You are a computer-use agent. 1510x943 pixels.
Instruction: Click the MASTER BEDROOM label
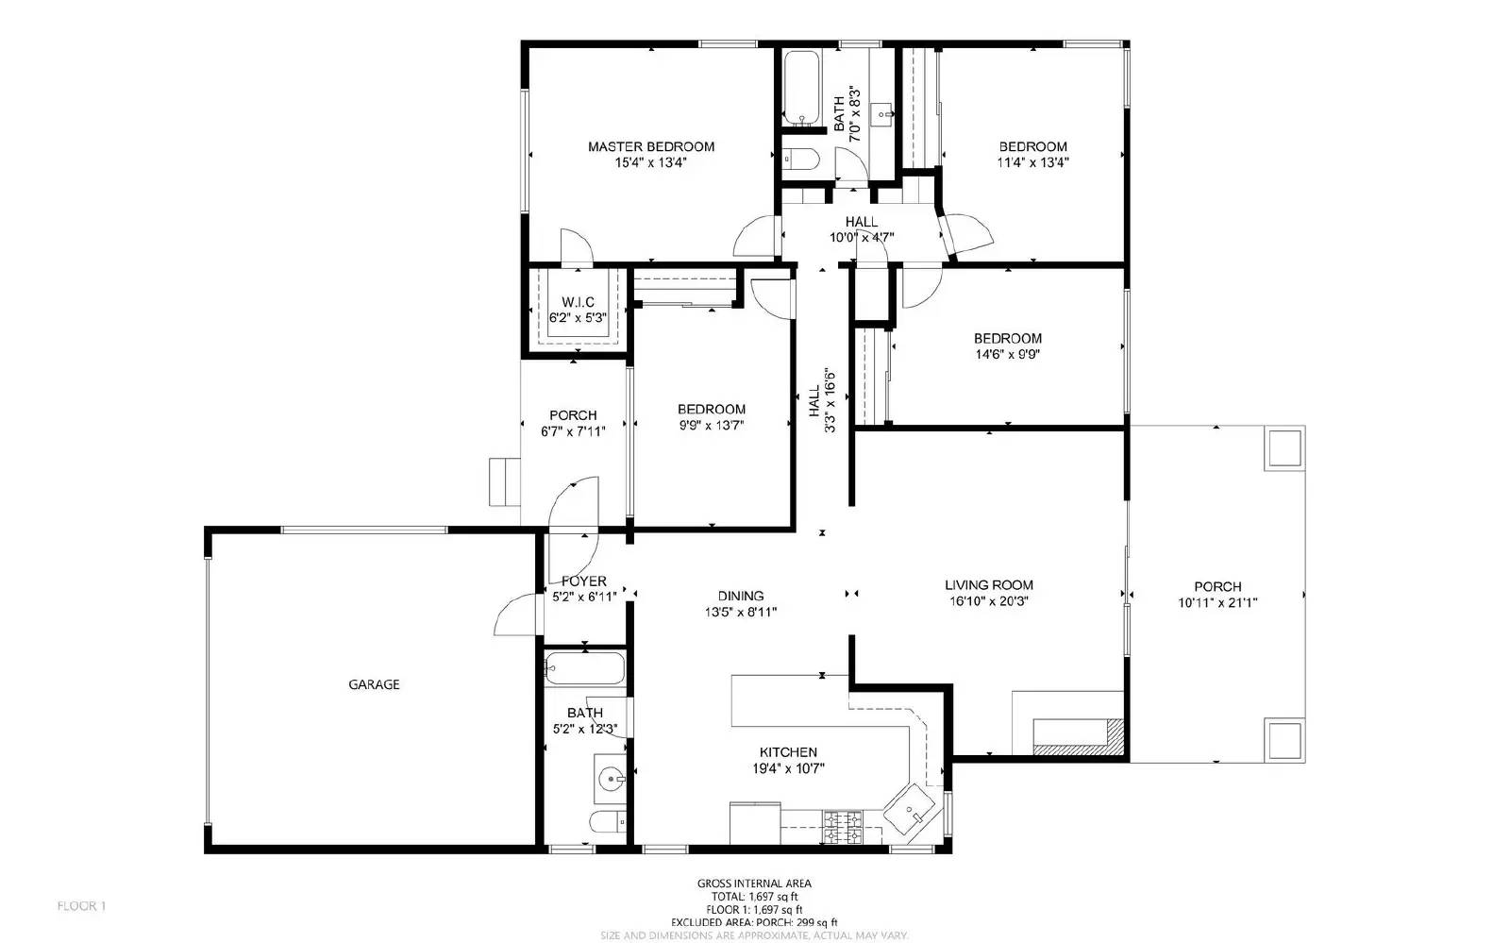(650, 146)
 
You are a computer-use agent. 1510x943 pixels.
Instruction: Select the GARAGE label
(374, 684)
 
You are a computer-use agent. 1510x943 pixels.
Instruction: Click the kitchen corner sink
(911, 809)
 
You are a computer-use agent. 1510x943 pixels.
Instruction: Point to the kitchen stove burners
(843, 827)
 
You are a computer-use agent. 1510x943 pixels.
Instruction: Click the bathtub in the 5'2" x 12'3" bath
(584, 668)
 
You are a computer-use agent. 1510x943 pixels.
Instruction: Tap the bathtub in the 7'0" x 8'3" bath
(801, 86)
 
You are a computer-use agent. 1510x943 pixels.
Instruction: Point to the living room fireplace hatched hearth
(1116, 736)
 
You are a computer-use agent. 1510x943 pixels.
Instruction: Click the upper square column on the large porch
(1283, 447)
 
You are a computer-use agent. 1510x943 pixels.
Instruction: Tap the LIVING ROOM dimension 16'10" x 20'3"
(988, 600)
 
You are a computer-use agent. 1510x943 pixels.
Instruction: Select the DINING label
(740, 596)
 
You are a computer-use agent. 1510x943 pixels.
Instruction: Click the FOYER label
(584, 581)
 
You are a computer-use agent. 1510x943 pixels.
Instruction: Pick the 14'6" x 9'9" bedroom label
(1007, 338)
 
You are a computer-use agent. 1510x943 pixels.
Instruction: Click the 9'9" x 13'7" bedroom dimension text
(711, 425)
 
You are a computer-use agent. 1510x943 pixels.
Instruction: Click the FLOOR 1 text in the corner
(81, 906)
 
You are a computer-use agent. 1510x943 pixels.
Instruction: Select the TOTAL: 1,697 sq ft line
(754, 897)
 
